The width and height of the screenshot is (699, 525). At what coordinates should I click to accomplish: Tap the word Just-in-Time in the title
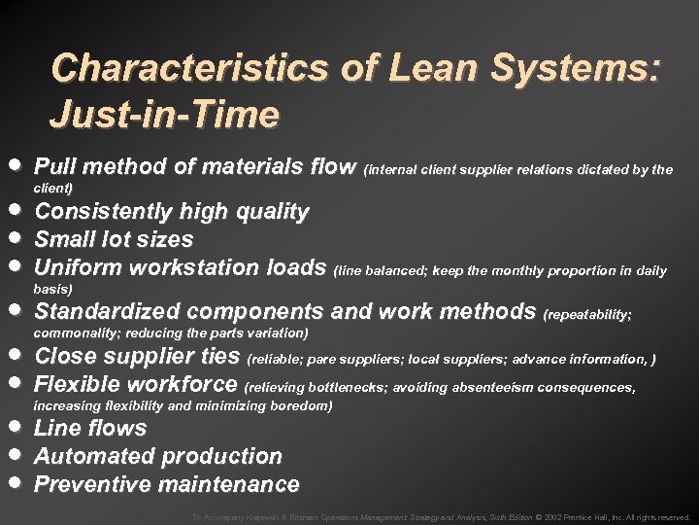pos(165,116)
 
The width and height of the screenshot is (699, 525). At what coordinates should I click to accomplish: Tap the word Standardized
pos(107,312)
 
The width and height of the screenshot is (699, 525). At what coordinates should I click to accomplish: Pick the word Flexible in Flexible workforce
pos(75,384)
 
